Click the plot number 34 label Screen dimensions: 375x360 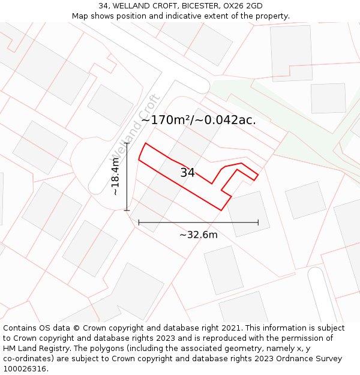coord(187,173)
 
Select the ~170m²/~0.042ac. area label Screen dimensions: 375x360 coord(199,120)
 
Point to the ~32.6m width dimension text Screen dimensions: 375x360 coord(199,235)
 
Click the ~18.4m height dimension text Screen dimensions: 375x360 coord(116,177)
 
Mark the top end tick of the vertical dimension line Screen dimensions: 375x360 coord(127,143)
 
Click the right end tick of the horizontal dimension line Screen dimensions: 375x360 coord(258,222)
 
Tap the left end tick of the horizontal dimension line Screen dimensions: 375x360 coord(139,222)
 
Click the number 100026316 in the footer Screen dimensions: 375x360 coord(25,369)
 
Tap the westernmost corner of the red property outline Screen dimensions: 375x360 coord(139,159)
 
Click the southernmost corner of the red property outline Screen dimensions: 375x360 coord(221,210)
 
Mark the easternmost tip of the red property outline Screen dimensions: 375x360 coord(258,175)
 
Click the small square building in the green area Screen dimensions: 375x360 coord(328,98)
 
